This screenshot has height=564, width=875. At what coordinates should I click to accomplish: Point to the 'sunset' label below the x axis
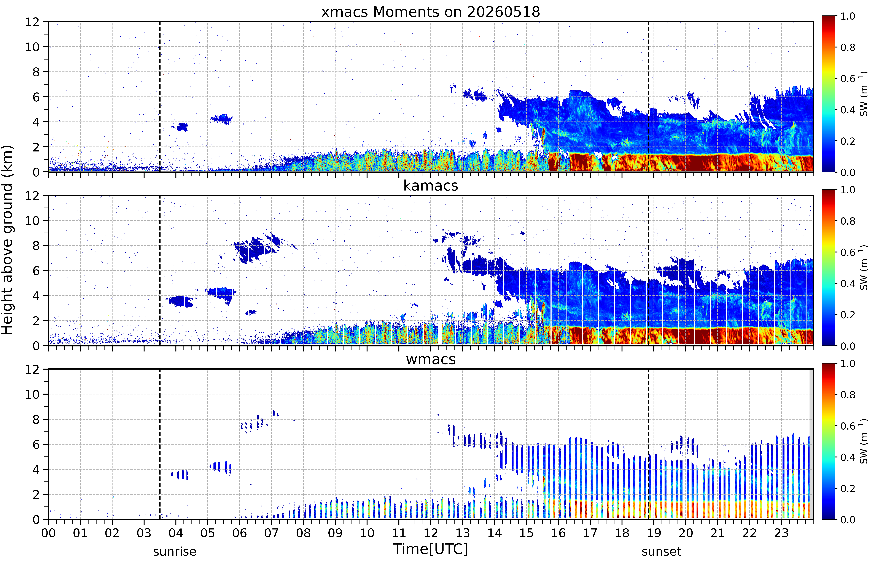pos(661,551)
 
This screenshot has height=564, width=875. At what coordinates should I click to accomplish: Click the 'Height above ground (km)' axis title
pos(7,240)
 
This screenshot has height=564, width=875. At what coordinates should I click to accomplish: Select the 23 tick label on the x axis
pos(781,533)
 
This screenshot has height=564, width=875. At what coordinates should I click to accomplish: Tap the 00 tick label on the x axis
pos(48,533)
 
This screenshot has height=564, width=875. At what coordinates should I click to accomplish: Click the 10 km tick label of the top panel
pos(32,47)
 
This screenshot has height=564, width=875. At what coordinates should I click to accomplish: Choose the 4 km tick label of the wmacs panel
pos(36,469)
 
